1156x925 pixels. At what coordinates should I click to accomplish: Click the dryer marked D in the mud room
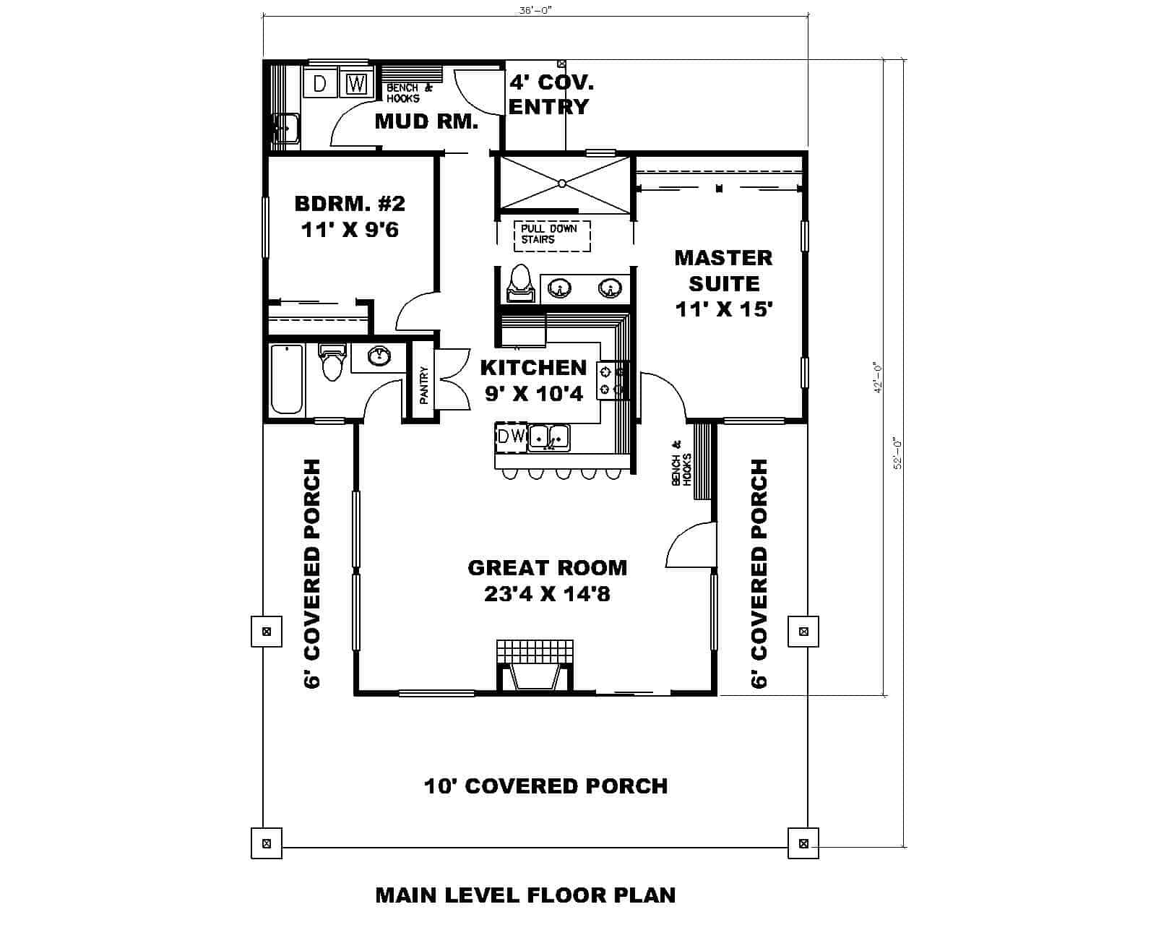pyautogui.click(x=319, y=84)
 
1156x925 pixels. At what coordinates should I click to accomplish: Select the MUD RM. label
pyautogui.click(x=426, y=121)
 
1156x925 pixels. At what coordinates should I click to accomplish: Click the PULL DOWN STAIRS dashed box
pyautogui.click(x=552, y=236)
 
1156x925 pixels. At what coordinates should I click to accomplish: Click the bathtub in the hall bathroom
pyautogui.click(x=287, y=379)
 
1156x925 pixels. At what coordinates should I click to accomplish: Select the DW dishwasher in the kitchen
pyautogui.click(x=511, y=436)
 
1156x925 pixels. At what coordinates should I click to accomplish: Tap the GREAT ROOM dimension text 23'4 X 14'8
pyautogui.click(x=547, y=594)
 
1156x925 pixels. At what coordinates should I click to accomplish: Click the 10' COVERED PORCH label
pyautogui.click(x=545, y=786)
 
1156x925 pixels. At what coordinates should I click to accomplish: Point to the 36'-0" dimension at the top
pyautogui.click(x=535, y=10)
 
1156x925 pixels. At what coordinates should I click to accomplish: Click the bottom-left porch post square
pyautogui.click(x=267, y=843)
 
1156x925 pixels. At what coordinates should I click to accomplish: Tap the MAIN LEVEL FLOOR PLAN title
pyautogui.click(x=525, y=895)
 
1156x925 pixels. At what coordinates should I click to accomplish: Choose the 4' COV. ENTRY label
pyautogui.click(x=551, y=94)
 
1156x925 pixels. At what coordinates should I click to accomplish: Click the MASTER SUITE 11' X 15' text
pyautogui.click(x=723, y=283)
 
